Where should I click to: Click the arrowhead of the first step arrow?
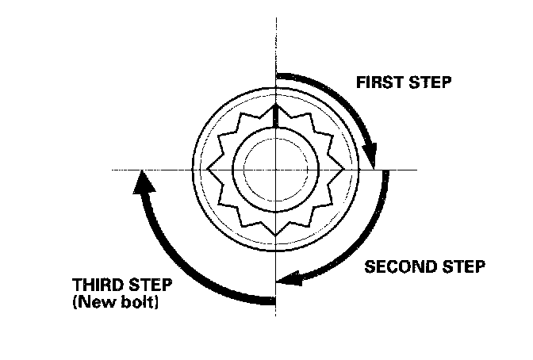(x=373, y=158)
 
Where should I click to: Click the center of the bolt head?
(x=274, y=169)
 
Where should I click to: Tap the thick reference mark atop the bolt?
(x=274, y=115)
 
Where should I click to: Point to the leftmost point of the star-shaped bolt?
(x=207, y=169)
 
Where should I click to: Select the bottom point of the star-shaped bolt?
(x=274, y=233)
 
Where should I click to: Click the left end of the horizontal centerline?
(x=113, y=170)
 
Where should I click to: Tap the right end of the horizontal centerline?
(x=417, y=170)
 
